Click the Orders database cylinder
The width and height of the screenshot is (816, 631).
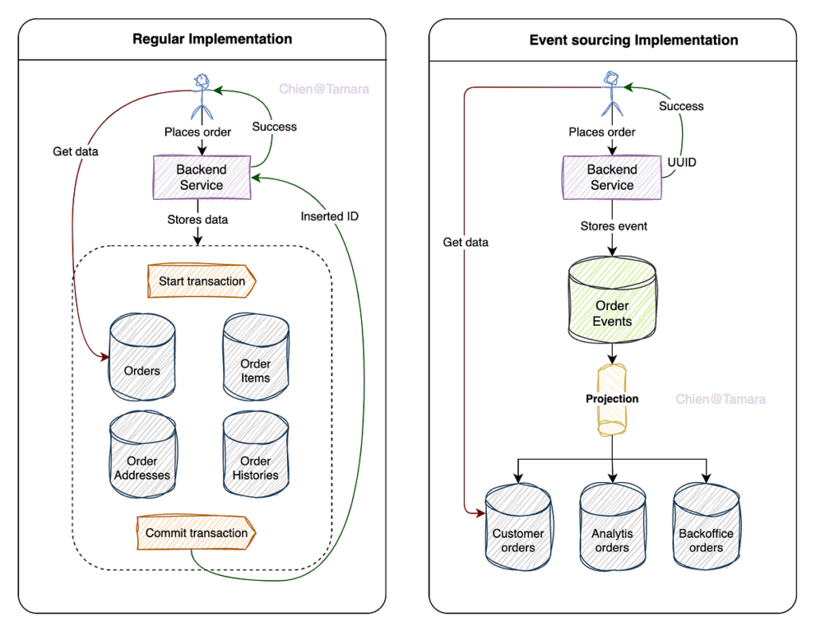tap(142, 357)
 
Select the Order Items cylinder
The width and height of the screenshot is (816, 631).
tap(256, 357)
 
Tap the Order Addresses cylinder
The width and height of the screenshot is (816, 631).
tap(143, 454)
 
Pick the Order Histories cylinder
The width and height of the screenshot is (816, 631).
tap(256, 454)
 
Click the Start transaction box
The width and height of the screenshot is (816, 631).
tap(202, 281)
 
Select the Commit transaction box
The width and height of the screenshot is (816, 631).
tap(196, 533)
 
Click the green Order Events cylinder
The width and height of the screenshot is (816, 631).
tap(612, 300)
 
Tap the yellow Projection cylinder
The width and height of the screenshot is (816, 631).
tap(611, 399)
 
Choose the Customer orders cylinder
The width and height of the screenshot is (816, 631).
tap(518, 527)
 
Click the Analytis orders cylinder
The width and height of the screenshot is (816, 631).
tap(613, 527)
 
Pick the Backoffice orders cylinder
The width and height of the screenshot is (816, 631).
tap(706, 527)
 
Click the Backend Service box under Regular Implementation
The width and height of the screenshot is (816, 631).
tap(202, 178)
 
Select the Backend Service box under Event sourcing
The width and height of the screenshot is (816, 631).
tap(612, 178)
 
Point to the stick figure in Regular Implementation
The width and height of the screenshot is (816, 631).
tap(202, 97)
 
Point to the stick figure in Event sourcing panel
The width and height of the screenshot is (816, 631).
tap(612, 94)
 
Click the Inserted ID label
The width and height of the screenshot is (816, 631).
tap(329, 217)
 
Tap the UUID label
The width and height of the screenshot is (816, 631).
tap(682, 163)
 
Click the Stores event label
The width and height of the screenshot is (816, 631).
tap(614, 226)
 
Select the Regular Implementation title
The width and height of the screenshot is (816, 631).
tap(212, 39)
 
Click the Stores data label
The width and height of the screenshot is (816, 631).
tap(198, 220)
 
